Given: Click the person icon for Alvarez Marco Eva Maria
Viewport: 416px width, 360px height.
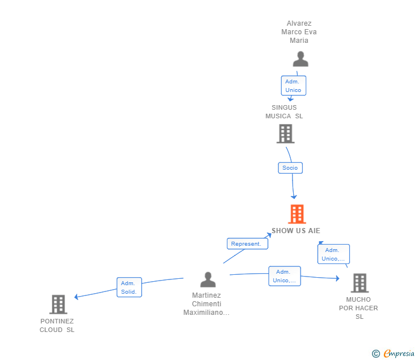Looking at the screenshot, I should (300, 59).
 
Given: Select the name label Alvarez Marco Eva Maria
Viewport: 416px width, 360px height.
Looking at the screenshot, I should (299, 32).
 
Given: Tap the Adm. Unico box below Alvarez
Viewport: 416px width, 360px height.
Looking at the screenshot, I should (293, 86).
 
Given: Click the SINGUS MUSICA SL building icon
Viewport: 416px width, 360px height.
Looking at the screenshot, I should (285, 134).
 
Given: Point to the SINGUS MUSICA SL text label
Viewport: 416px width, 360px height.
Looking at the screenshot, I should (284, 111).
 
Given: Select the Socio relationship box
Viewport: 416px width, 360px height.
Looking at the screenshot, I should (290, 168).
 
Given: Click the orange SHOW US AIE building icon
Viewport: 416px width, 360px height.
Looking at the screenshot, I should (297, 214).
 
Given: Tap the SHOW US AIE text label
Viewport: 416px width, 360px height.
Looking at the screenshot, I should (296, 231).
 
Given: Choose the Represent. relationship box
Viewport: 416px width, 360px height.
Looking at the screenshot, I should (246, 243).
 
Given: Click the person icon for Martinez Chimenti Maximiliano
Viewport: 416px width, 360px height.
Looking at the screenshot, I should (208, 280).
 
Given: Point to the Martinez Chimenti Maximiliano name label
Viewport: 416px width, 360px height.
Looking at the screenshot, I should (206, 304).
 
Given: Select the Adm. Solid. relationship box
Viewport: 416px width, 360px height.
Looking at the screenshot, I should (129, 287).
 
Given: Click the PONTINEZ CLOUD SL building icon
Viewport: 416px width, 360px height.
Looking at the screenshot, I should (58, 305).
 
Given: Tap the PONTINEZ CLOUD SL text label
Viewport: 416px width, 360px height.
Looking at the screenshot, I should (57, 326).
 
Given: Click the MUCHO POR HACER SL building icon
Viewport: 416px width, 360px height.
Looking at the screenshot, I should (359, 283).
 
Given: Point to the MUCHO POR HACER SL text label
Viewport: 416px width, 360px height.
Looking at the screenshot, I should (358, 308).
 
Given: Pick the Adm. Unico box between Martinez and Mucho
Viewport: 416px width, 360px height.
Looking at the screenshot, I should (284, 276).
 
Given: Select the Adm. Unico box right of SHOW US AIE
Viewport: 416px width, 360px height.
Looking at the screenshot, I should (333, 254).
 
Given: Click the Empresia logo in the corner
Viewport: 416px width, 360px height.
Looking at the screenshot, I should (399, 354).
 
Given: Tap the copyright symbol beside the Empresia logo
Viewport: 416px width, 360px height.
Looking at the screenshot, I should (376, 354).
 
